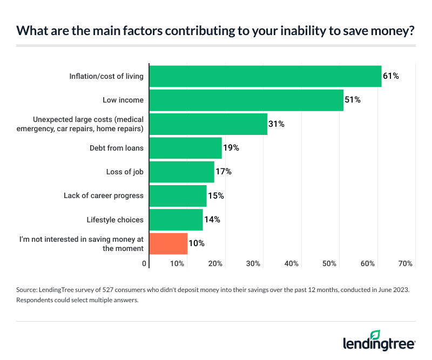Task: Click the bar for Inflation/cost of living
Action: [x=265, y=76]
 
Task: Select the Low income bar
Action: [x=246, y=100]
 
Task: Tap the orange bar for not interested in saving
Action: [x=168, y=243]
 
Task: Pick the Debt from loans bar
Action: [x=185, y=148]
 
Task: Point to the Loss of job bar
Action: [x=181, y=172]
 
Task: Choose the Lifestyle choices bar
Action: [x=176, y=220]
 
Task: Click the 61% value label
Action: [x=390, y=76]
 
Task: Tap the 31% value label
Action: [x=276, y=124]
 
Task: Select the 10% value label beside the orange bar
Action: [x=197, y=243]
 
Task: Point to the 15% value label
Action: [x=215, y=196]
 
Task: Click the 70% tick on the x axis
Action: [x=405, y=264]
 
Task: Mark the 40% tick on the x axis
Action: [x=292, y=264]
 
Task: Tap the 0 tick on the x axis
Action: [x=145, y=264]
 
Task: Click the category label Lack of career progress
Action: [x=104, y=195]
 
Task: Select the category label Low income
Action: [x=123, y=100]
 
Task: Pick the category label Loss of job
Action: [x=125, y=172]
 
